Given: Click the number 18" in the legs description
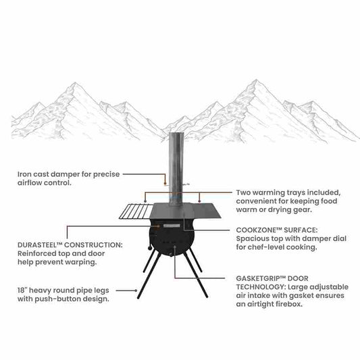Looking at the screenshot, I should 24,288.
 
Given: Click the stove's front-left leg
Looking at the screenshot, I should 147,276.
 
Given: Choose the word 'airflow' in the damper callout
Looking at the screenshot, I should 32,183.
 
